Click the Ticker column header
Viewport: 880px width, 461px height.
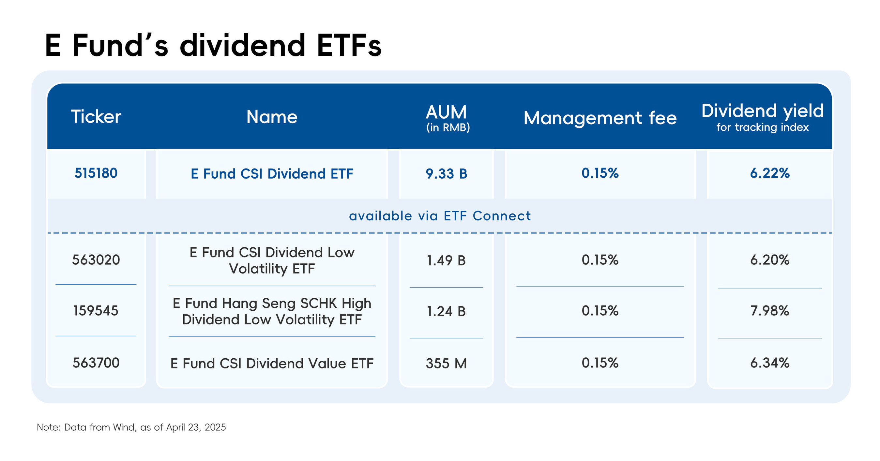pos(96,117)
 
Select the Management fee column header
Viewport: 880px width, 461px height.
pos(600,118)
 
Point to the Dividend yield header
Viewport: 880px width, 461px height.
pos(763,111)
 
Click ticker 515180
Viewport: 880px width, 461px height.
pos(96,173)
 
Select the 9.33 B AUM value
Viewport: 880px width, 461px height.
pos(446,174)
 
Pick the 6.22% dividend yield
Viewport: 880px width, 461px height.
pos(770,173)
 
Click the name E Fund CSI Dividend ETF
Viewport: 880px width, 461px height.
pos(272,174)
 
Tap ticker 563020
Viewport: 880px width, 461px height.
pos(96,260)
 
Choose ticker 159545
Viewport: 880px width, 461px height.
pos(96,311)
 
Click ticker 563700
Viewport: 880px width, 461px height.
pos(96,363)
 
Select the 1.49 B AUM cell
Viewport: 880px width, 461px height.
pos(446,260)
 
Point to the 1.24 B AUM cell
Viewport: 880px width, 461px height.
pos(446,311)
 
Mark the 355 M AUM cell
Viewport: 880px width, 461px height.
pos(446,363)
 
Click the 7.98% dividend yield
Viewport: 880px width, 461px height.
pos(770,311)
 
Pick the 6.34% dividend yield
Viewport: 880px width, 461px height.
pos(770,363)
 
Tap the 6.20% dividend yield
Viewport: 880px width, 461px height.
pos(770,260)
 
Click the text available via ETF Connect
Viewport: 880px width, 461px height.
pos(440,216)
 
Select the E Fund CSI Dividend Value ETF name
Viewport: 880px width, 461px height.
pos(272,363)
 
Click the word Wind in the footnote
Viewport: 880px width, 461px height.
pos(124,427)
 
